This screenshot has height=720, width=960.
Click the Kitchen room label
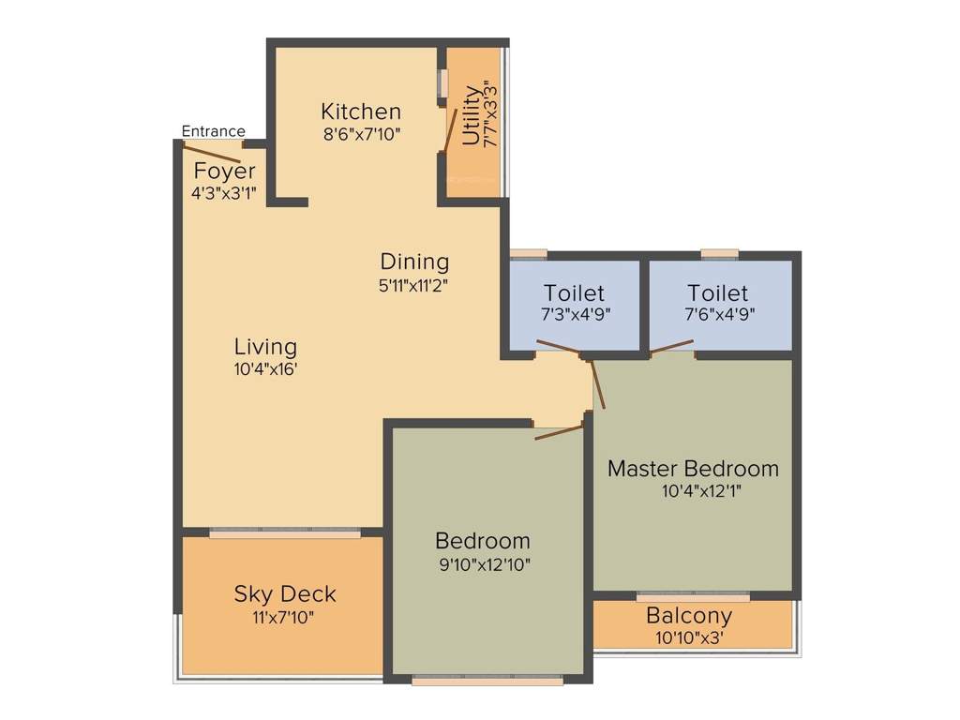point(361,112)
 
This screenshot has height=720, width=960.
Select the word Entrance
point(213,131)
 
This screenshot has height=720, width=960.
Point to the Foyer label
point(224,172)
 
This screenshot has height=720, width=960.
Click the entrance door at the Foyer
point(215,153)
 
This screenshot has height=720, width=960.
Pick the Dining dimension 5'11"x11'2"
point(413,285)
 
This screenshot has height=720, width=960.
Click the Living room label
point(265,346)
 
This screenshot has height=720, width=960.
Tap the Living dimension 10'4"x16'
point(265,369)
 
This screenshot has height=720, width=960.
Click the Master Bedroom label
point(693,468)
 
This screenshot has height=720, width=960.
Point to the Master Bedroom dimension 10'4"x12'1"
point(693,490)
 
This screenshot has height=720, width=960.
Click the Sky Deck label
point(284,593)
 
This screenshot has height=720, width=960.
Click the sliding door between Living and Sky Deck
point(284,532)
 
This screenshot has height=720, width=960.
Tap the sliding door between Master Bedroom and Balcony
point(693,596)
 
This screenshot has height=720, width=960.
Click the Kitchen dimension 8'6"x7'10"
point(361,134)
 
